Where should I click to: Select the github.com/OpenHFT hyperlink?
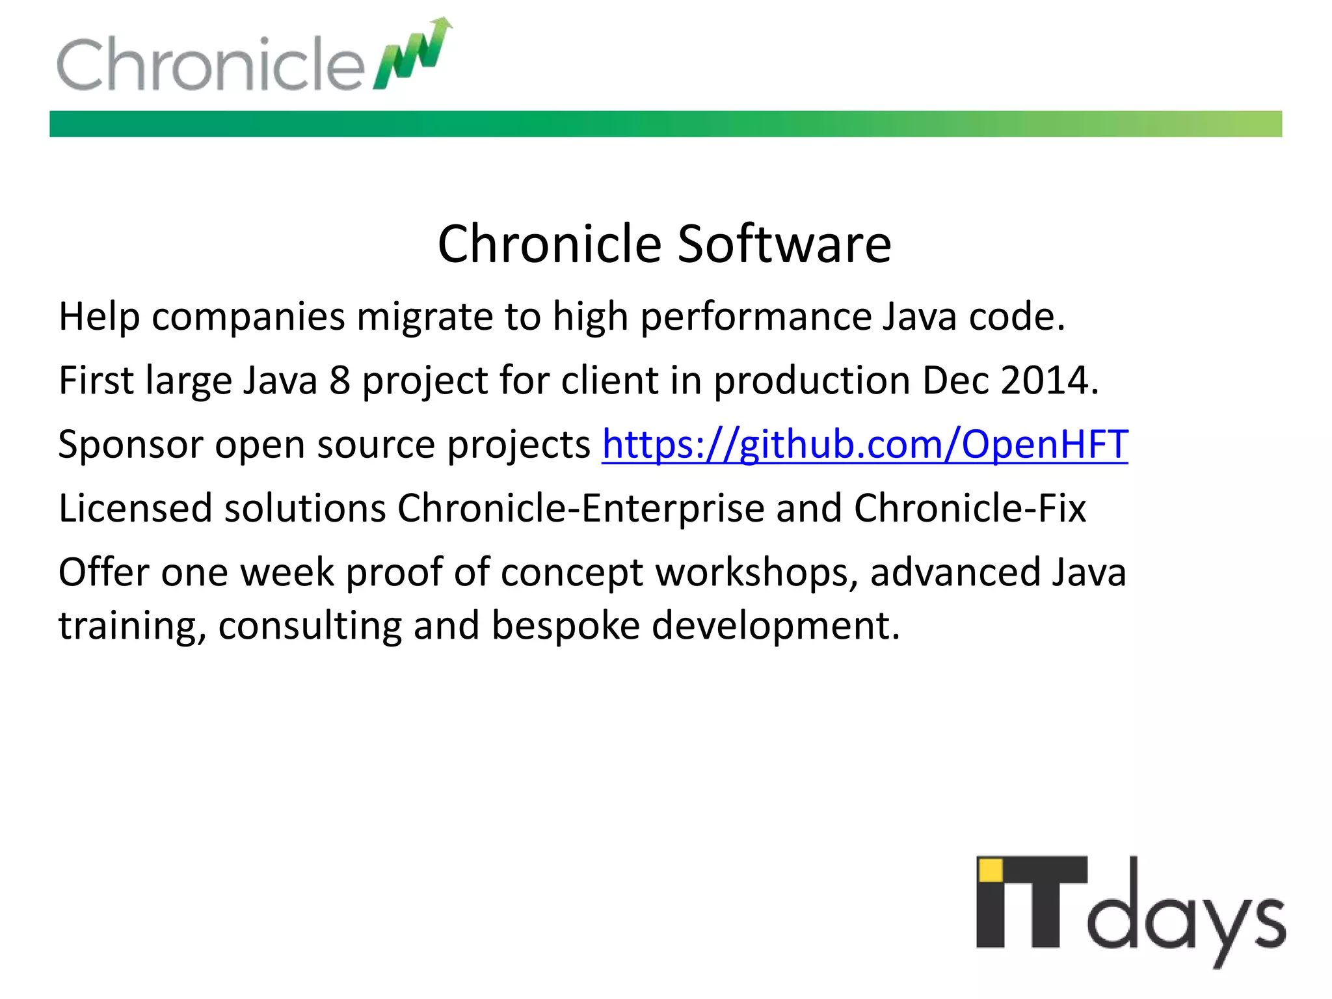click(x=864, y=445)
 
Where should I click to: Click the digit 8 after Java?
click(x=340, y=380)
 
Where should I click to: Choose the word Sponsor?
click(x=130, y=445)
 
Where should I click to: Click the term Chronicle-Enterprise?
click(x=580, y=509)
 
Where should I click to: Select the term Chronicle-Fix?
click(x=969, y=509)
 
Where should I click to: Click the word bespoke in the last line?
click(x=565, y=626)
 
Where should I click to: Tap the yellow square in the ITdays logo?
click(x=991, y=870)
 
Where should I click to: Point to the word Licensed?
click(x=135, y=509)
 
